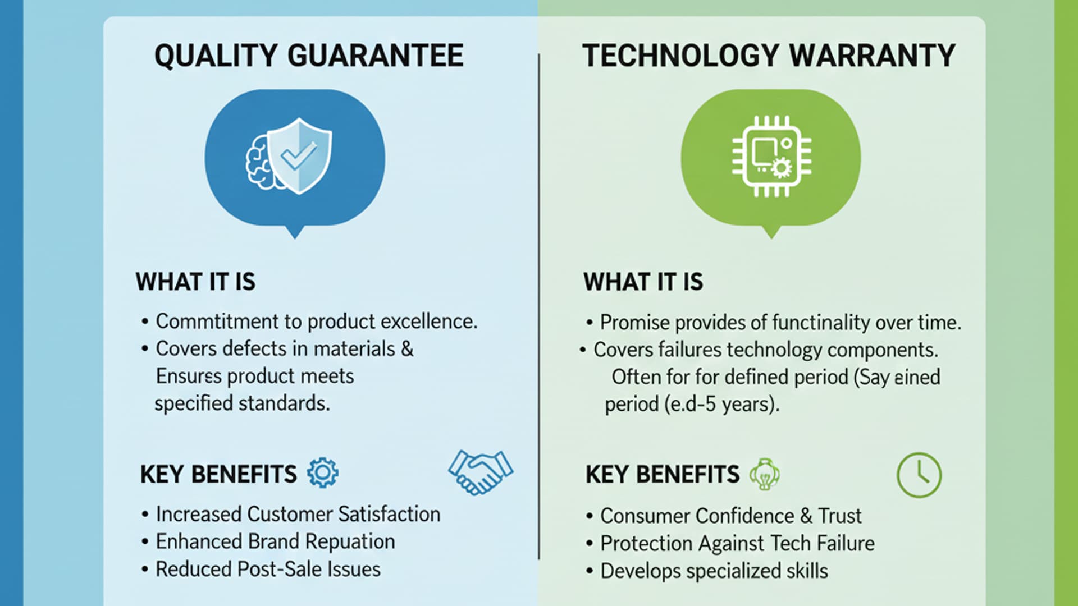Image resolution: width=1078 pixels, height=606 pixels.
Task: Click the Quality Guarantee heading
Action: tap(309, 56)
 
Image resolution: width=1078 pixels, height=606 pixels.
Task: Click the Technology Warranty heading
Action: tap(769, 56)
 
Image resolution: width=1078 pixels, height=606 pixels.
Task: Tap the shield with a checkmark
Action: tap(300, 155)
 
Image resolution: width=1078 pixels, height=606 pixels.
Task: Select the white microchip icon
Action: tap(771, 157)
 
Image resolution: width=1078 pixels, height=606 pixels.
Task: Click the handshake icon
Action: tap(481, 472)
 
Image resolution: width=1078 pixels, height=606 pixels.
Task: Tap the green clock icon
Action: tap(919, 475)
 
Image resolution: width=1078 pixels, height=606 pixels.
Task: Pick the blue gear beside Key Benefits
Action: tap(323, 472)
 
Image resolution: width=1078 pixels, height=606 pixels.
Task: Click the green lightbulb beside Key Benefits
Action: tap(765, 474)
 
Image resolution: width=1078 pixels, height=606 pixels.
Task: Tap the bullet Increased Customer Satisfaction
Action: tap(298, 514)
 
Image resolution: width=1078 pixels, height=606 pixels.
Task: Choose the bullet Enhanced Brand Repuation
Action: tap(275, 541)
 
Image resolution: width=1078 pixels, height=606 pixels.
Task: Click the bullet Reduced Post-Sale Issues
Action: tap(268, 569)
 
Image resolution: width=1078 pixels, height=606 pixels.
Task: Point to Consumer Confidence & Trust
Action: tap(730, 516)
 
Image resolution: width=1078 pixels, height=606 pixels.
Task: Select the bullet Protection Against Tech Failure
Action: tap(737, 543)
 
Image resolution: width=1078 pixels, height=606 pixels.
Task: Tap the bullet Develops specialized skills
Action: tap(714, 571)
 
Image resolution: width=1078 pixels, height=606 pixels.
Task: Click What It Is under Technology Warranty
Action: tap(643, 282)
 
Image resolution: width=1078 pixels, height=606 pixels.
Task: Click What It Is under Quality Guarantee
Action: tap(195, 282)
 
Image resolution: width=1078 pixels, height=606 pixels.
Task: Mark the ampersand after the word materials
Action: tap(407, 349)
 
